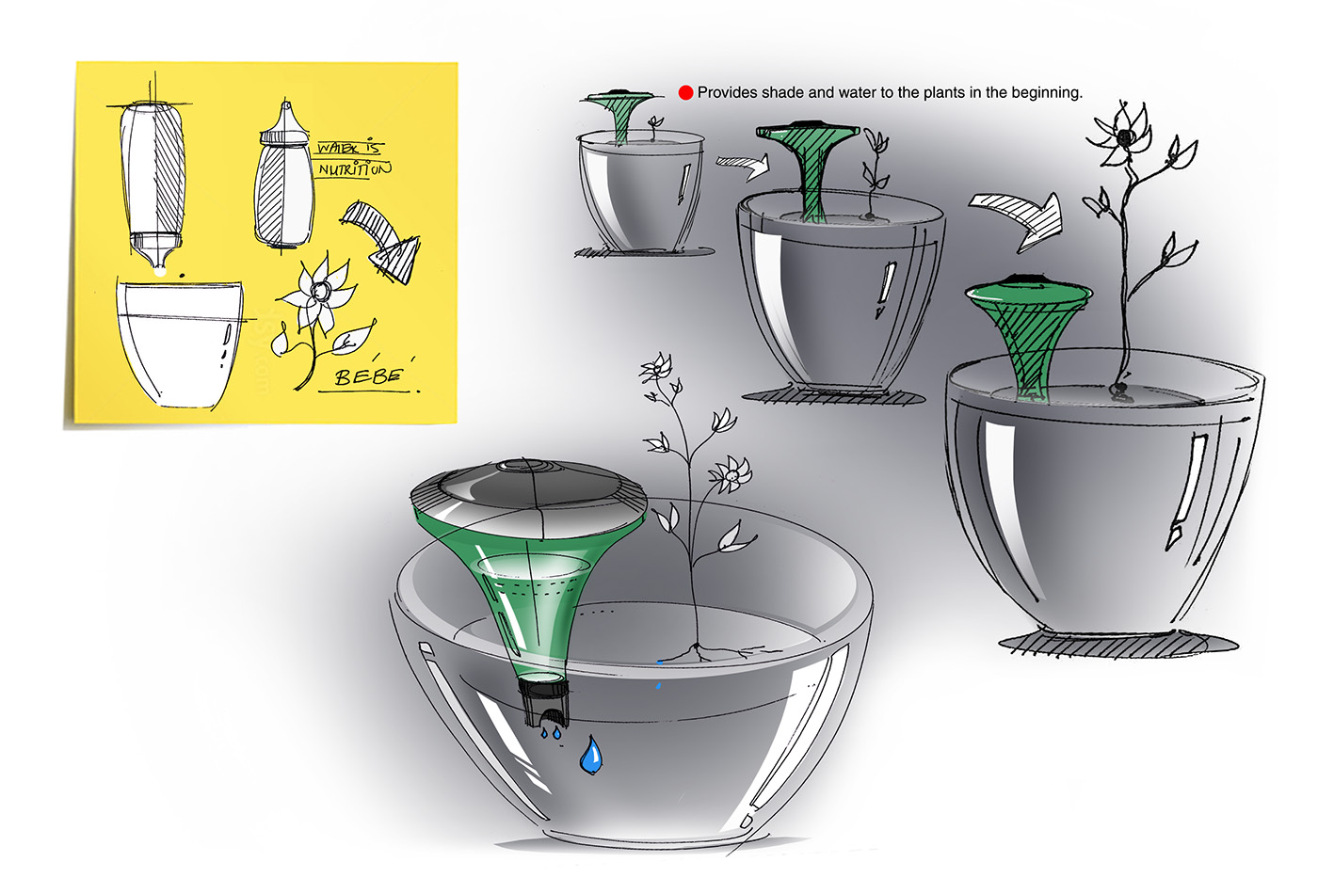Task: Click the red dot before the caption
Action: [x=685, y=92]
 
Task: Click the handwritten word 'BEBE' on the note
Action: [x=368, y=377]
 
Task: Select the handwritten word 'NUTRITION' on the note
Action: [x=354, y=169]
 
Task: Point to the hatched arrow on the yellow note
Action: [x=382, y=242]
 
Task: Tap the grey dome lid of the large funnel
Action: [x=529, y=483]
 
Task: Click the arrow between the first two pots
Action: [x=742, y=168]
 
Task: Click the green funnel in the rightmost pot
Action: [x=1028, y=333]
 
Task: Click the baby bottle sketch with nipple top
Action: [x=283, y=184]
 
